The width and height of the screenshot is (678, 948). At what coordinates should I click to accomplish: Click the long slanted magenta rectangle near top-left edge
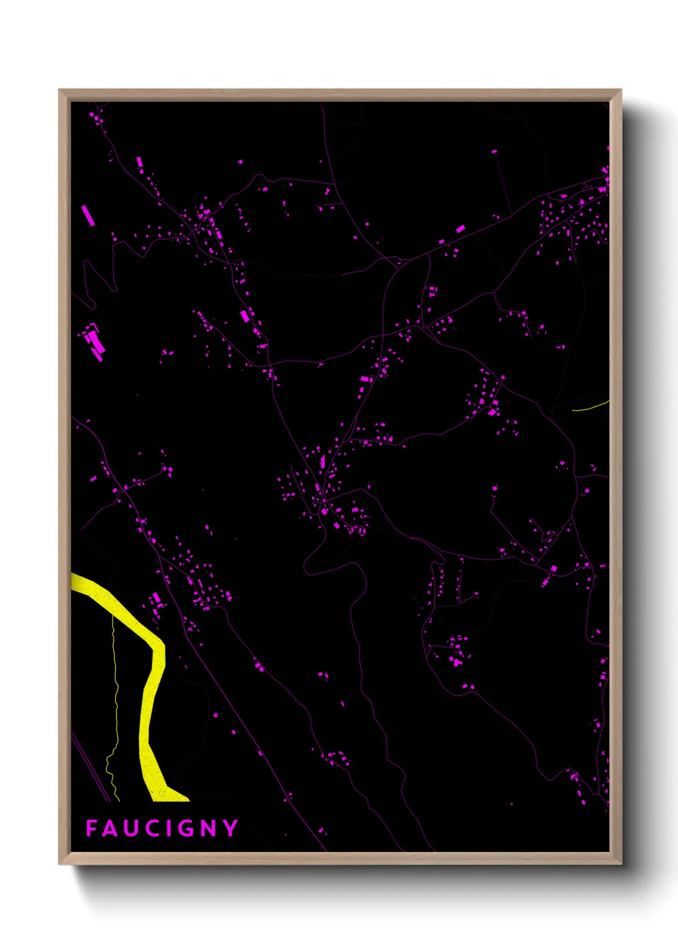pos(88,215)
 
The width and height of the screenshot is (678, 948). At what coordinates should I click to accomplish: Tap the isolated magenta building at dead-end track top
pos(494,152)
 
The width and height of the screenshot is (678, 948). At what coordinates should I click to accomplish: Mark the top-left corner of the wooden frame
pos(60,91)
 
